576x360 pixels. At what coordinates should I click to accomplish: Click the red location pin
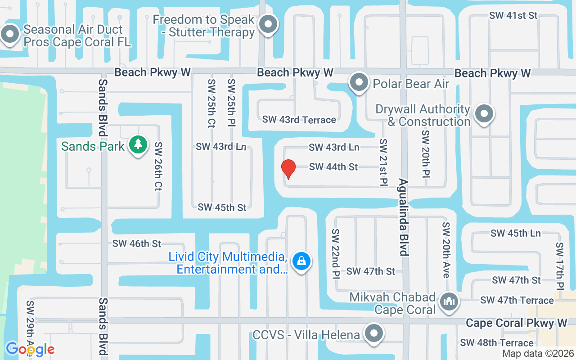pyautogui.click(x=288, y=169)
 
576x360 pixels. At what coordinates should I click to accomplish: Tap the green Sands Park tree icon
pyautogui.click(x=138, y=145)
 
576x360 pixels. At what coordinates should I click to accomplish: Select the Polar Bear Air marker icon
pyautogui.click(x=359, y=83)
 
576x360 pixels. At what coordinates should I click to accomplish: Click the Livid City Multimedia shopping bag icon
pyautogui.click(x=301, y=261)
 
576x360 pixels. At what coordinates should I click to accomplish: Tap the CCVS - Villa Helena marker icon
pyautogui.click(x=373, y=334)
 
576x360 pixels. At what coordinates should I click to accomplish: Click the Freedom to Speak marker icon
pyautogui.click(x=269, y=24)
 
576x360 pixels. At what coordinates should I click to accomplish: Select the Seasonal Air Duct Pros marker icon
pyautogui.click(x=10, y=34)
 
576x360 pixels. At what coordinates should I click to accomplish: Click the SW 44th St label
pyautogui.click(x=333, y=167)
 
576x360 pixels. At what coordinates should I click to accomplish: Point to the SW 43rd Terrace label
pyautogui.click(x=299, y=120)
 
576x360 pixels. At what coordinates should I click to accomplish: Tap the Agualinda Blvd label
pyautogui.click(x=403, y=217)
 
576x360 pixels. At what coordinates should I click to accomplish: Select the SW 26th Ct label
pyautogui.click(x=158, y=166)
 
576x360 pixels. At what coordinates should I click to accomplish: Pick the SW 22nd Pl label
pyautogui.click(x=336, y=253)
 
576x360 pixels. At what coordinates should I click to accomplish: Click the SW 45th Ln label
pyautogui.click(x=516, y=233)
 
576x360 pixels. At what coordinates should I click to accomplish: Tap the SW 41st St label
pyautogui.click(x=513, y=15)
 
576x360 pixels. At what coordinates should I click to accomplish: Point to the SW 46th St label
pyautogui.click(x=137, y=244)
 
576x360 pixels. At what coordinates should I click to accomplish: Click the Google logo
pyautogui.click(x=30, y=349)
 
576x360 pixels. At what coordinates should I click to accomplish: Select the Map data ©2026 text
pyautogui.click(x=538, y=354)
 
